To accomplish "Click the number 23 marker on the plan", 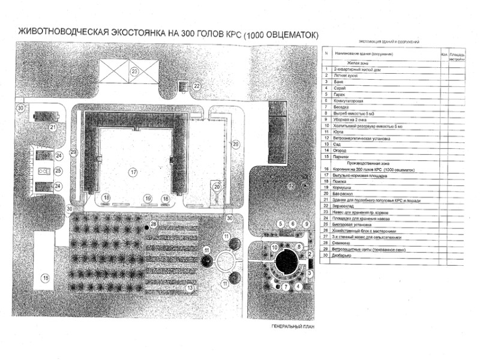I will click(x=135, y=72).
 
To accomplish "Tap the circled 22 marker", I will click(x=197, y=86).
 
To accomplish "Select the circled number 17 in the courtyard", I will click(x=133, y=172).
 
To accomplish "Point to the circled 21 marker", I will click(x=53, y=127).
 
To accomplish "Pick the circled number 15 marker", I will click(x=44, y=277).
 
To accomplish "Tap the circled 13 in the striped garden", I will click(x=190, y=288).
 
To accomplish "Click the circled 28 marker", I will click(x=153, y=224).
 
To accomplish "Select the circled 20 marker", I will click(x=217, y=187).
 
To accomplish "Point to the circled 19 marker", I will click(x=146, y=198).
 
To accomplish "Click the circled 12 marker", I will click(x=292, y=187).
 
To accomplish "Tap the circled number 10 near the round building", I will click(x=274, y=247).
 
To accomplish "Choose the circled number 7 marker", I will click(x=286, y=287).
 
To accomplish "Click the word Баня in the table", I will click(x=338, y=82).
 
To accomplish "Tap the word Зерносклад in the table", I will click(x=345, y=205).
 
